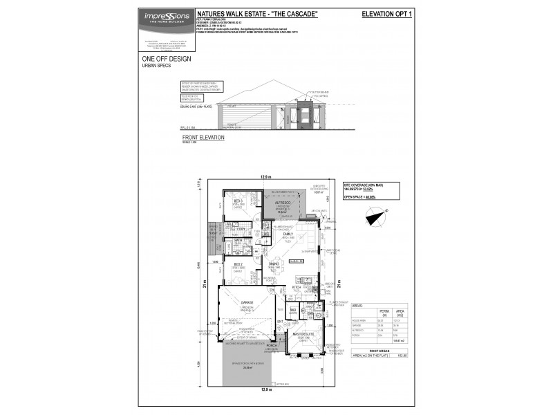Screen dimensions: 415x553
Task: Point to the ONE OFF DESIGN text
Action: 166,59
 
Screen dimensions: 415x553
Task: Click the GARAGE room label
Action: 247,302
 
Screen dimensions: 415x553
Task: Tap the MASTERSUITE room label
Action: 304,334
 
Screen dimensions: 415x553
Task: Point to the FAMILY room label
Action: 288,235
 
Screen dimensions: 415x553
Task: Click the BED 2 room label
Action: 237,264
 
